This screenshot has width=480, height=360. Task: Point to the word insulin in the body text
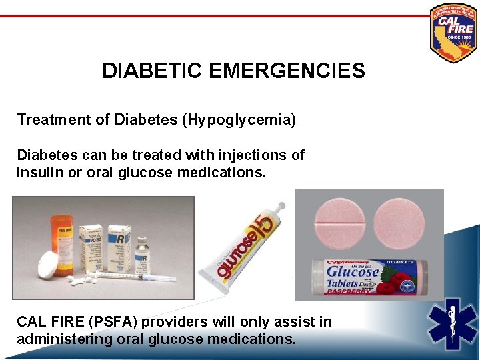tap(39, 173)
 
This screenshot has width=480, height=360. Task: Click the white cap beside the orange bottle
tap(49, 265)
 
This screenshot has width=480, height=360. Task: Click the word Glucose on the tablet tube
tap(353, 272)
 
